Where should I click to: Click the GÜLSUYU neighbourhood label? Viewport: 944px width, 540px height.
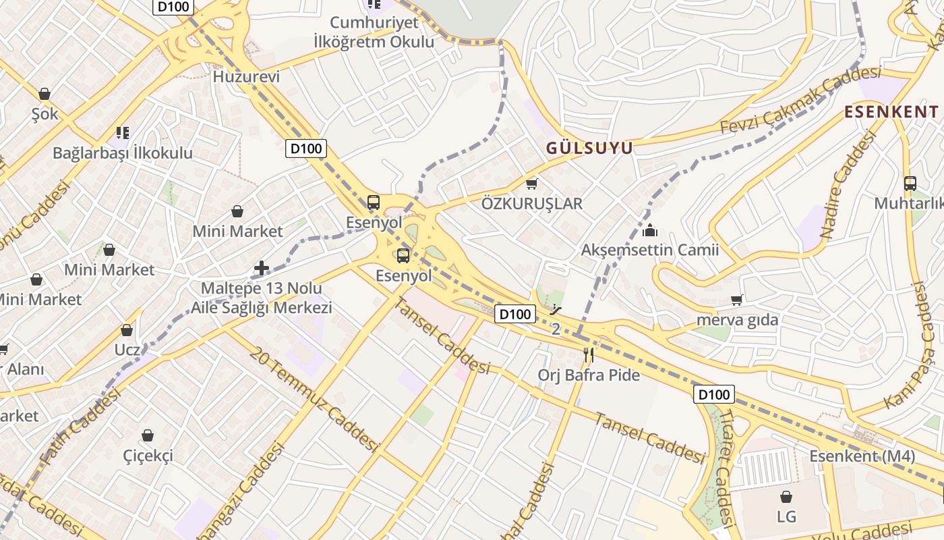[589, 148]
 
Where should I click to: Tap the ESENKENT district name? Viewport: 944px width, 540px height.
[891, 112]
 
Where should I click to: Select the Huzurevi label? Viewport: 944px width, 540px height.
[246, 77]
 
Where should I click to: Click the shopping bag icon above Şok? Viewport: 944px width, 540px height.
[45, 94]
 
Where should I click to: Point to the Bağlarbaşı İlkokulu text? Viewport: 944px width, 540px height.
[123, 153]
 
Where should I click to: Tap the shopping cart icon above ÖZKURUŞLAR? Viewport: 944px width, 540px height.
[532, 184]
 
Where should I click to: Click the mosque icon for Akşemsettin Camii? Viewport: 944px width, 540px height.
[650, 231]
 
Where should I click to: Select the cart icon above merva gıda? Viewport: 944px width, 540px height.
[737, 300]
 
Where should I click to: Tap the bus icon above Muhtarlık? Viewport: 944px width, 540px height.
[910, 183]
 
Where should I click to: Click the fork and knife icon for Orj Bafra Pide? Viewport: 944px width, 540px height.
[589, 355]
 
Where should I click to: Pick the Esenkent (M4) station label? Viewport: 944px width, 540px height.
[862, 456]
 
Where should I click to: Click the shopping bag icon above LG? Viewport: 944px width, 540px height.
[786, 497]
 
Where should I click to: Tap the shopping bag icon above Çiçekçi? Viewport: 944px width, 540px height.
[148, 436]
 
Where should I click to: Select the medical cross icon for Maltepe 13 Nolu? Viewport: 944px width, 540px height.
[262, 269]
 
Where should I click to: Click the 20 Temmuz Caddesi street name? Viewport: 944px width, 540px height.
[313, 399]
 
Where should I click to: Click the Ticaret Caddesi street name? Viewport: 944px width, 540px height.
[724, 465]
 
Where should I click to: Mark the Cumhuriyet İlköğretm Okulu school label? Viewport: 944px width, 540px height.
[374, 32]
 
